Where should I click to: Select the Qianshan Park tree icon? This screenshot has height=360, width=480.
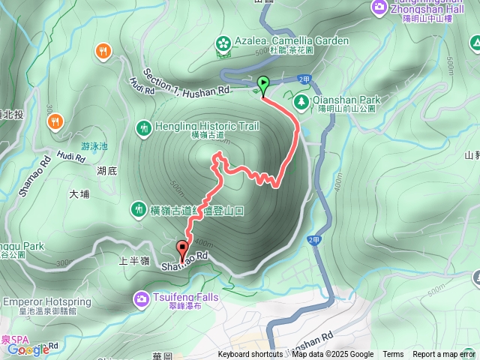click(301, 100)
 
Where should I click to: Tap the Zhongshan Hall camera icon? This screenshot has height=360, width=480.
click(379, 7)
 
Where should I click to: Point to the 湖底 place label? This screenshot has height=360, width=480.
click(107, 171)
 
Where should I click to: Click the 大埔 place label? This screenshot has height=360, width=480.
click(79, 194)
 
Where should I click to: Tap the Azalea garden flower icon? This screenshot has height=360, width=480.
click(223, 44)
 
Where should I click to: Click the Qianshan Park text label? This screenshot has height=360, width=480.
click(347, 100)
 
